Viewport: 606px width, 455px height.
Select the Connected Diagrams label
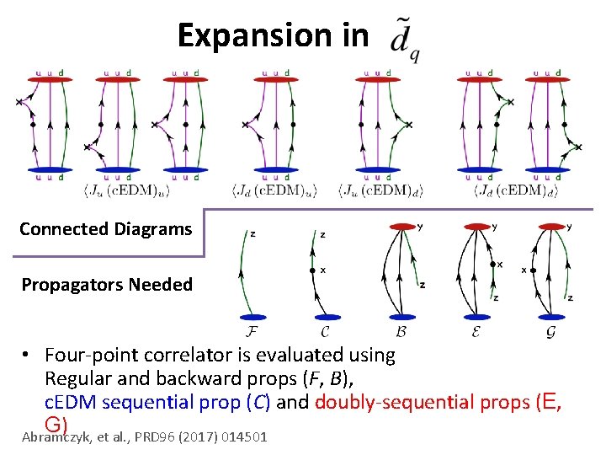(x=105, y=229)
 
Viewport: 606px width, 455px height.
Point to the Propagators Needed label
(x=107, y=285)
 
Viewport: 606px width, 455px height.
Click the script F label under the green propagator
(x=253, y=329)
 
